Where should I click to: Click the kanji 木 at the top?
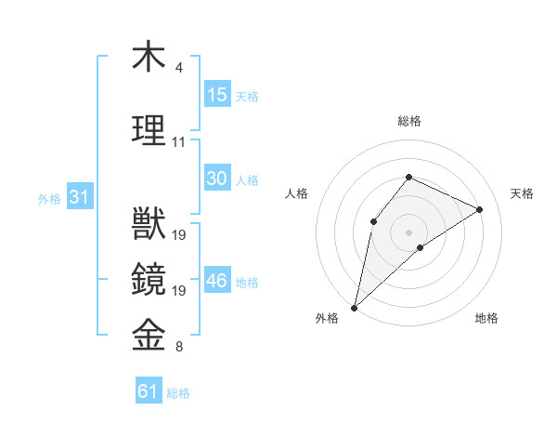tap(149, 57)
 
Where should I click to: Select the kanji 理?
tap(149, 129)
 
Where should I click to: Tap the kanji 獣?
tap(149, 224)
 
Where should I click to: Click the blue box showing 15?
tap(217, 95)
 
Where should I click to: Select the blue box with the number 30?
tap(217, 179)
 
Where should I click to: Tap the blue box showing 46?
tap(217, 281)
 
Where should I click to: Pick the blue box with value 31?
tap(79, 197)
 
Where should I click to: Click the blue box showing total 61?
tap(149, 391)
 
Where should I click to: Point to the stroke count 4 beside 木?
tap(179, 68)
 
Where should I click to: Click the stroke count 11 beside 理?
tap(179, 142)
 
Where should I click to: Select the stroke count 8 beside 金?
tap(179, 348)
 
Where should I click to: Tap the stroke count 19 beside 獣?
tap(180, 235)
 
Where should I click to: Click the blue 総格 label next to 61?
tap(178, 393)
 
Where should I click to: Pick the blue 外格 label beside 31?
tap(49, 199)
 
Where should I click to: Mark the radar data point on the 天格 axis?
tap(480, 209)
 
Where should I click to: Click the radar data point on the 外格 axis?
tap(354, 307)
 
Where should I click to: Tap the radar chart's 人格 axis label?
tap(297, 193)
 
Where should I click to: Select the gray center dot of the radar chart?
tap(408, 232)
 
